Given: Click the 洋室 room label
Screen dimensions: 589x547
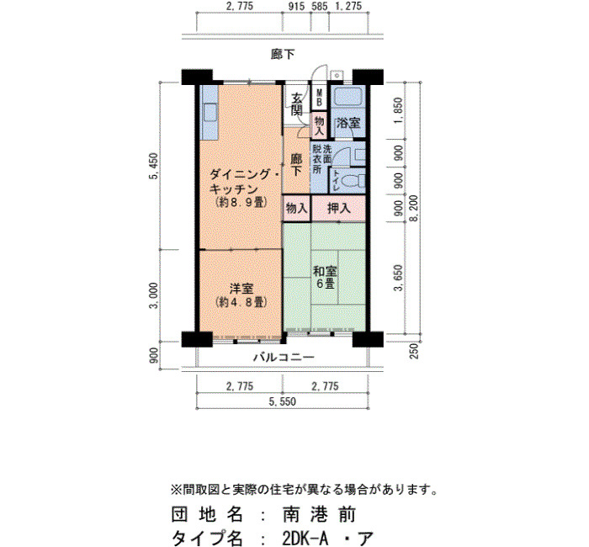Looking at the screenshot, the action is click(x=241, y=289).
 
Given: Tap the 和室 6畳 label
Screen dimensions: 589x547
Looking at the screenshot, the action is click(x=325, y=277).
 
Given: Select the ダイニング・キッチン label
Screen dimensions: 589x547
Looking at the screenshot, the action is click(x=241, y=181).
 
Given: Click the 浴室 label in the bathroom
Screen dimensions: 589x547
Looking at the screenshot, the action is click(x=348, y=123).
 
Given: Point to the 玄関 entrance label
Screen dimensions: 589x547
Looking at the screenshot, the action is click(x=297, y=104).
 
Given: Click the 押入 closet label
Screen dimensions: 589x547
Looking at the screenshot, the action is click(x=338, y=208).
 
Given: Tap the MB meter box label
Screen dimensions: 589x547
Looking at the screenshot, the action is click(x=319, y=98).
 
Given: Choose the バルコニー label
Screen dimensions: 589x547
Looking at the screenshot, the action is click(x=284, y=357).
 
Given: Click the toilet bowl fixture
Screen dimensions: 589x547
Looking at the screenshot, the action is click(x=354, y=182).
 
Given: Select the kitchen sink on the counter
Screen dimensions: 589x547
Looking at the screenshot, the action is click(x=210, y=112).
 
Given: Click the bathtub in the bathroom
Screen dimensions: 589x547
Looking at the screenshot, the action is click(x=348, y=97).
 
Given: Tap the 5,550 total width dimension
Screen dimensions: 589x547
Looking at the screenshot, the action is click(x=282, y=401).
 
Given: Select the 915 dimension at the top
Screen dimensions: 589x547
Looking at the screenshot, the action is click(x=297, y=7).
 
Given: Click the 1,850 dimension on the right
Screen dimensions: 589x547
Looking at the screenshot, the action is click(x=398, y=110).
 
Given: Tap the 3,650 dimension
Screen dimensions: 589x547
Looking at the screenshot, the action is click(x=398, y=278).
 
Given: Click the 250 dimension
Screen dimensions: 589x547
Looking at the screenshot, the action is click(x=414, y=351).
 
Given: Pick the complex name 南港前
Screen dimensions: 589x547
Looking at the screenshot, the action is click(x=319, y=514).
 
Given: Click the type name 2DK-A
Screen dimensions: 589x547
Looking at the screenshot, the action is click(x=305, y=538).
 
